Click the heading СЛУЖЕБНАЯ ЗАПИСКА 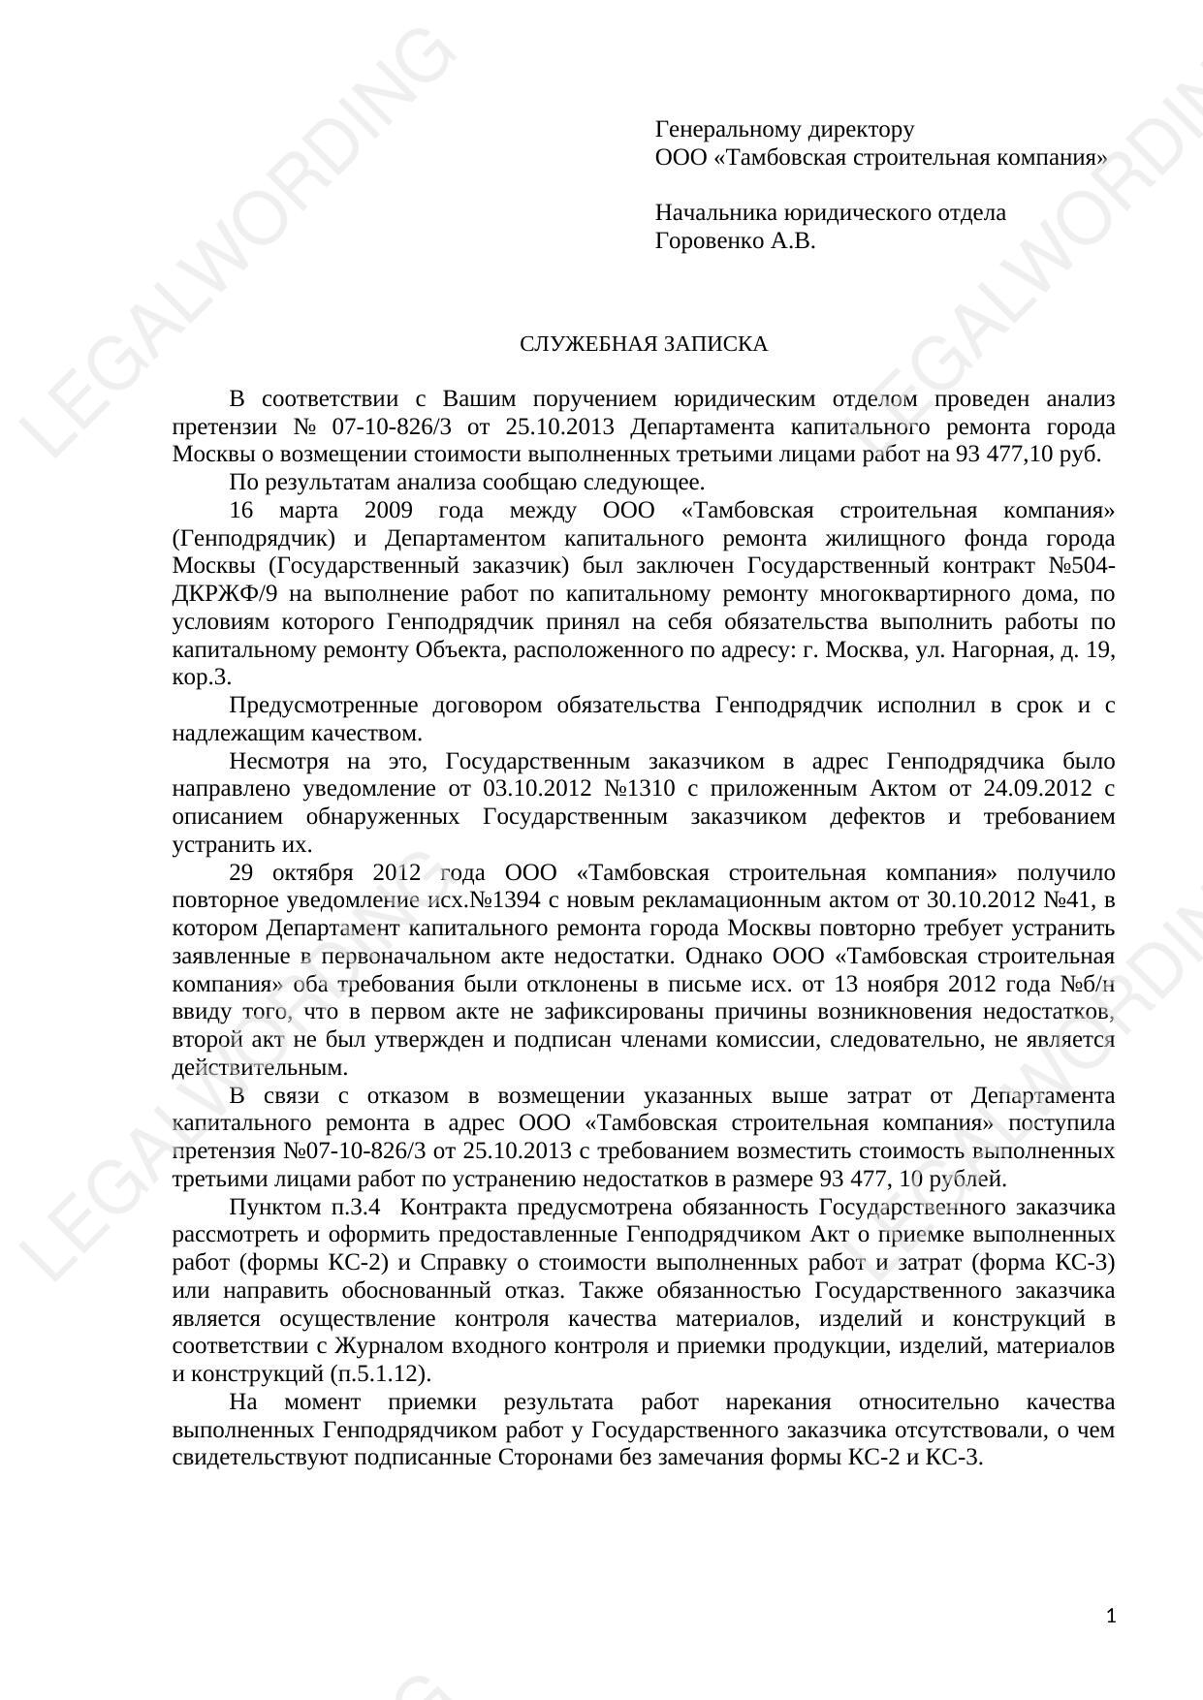(643, 344)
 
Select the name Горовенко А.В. (735, 241)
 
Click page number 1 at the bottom (1111, 1616)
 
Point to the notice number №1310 (640, 789)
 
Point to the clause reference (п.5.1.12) (381, 1374)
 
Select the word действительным (260, 1068)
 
